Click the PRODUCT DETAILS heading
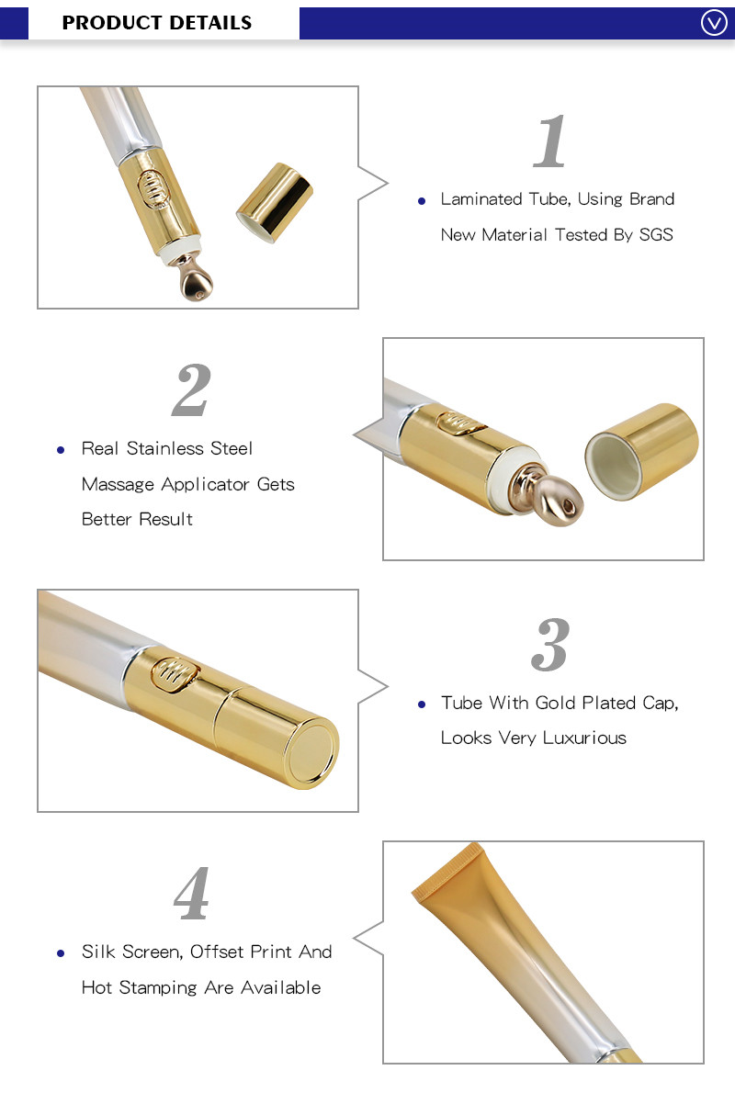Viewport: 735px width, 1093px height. [156, 23]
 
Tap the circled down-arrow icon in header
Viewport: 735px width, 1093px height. [714, 23]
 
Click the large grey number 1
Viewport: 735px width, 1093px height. [550, 142]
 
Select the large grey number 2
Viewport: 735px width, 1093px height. [191, 390]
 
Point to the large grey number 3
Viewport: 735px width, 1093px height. [550, 645]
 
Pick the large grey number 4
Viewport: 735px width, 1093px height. [191, 894]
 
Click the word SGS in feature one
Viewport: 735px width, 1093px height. [656, 235]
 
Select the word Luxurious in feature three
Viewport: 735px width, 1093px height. [584, 738]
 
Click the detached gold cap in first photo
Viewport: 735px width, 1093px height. [275, 203]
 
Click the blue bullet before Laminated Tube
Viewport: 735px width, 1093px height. [422, 200]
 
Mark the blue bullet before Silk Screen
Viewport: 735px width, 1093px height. [61, 953]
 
